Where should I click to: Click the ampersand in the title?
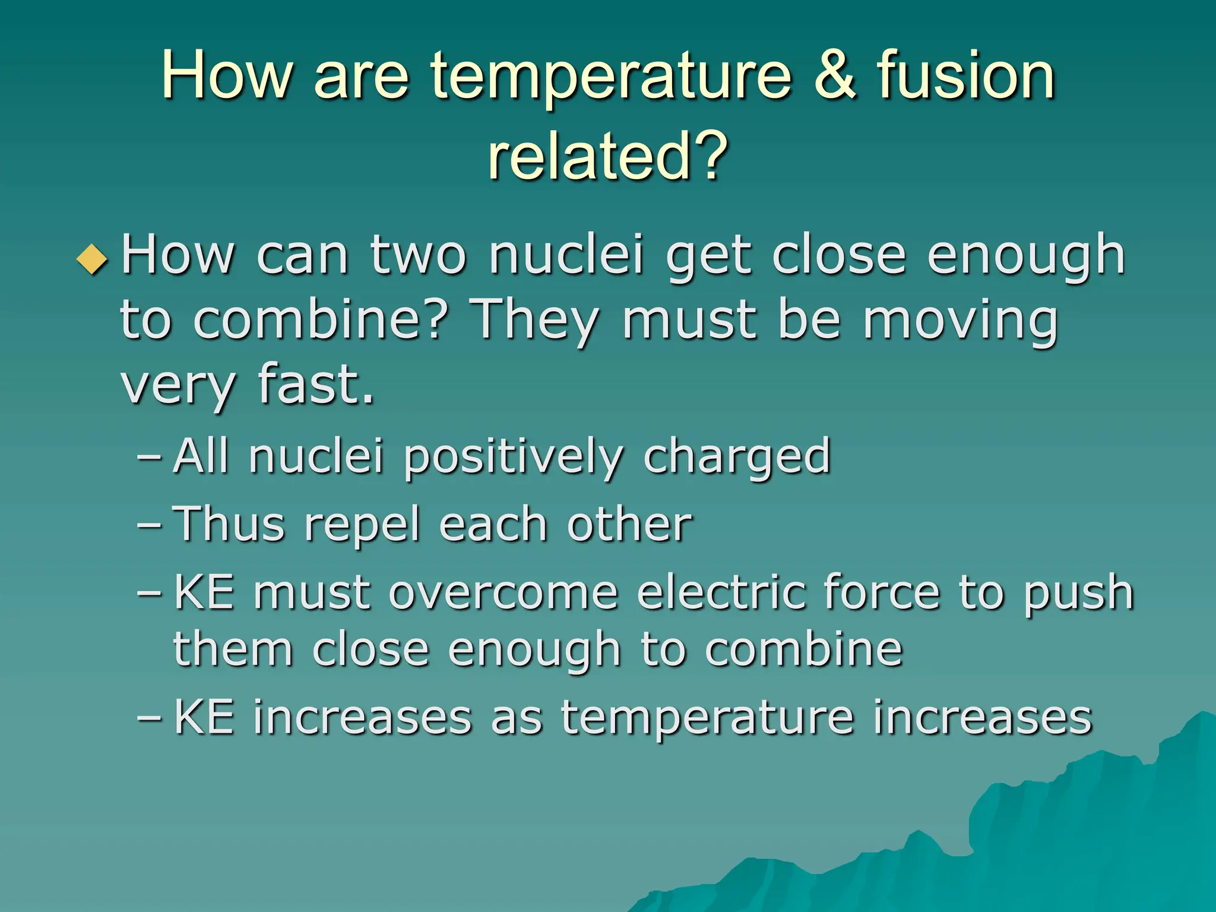pos(835,75)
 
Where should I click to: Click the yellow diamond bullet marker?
pos(93,259)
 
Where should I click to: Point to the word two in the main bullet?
pos(418,255)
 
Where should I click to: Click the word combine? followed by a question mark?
pos(320,321)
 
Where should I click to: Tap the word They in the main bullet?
pos(534,321)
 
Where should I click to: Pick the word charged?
pos(737,457)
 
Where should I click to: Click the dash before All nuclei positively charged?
pos(148,457)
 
